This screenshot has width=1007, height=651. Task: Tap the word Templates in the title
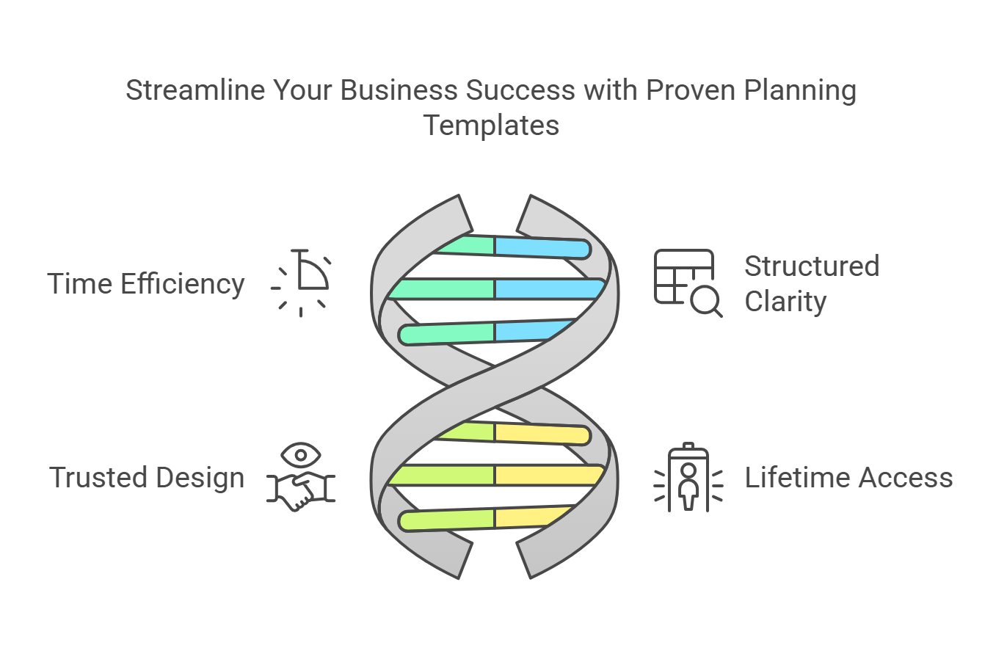point(491,126)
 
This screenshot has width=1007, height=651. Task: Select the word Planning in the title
point(800,91)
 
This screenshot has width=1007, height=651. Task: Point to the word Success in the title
point(520,90)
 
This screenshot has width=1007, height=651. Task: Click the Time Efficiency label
point(146,284)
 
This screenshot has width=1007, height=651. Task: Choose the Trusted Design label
point(147,478)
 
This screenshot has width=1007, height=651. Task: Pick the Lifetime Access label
point(848,478)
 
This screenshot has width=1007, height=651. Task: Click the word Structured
point(812,266)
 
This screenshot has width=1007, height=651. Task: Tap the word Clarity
point(785,301)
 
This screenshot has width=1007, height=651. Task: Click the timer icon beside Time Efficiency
point(301,283)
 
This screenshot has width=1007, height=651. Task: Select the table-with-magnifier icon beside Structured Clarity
point(688,283)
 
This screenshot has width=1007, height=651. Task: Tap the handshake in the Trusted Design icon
point(301,490)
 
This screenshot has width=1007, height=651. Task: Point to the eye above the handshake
point(301,455)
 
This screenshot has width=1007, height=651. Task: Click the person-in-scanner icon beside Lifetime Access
point(688,478)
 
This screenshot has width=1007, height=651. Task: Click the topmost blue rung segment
point(542,248)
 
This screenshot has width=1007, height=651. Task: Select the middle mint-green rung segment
point(442,289)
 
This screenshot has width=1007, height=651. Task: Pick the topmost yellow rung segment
point(542,434)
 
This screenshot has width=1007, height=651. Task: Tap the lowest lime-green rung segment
point(447,520)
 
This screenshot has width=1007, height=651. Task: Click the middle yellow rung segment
point(549,475)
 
